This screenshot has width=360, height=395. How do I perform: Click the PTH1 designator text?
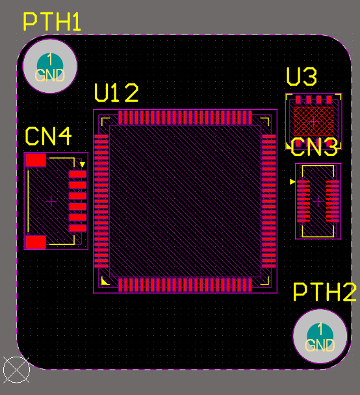point(52,21)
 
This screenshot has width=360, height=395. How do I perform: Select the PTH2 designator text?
point(324,292)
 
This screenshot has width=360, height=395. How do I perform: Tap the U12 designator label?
point(116,93)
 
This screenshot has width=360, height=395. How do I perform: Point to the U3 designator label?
point(302,77)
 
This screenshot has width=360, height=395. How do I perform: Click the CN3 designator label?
point(314,147)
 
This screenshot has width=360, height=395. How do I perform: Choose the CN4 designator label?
point(48,136)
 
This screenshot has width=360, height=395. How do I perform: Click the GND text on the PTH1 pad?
point(50,75)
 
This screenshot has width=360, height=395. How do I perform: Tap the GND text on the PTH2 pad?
point(320,345)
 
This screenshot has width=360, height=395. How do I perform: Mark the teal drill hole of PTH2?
point(320,331)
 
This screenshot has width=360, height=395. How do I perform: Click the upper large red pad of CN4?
point(36,160)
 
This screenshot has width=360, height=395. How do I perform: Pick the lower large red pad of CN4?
point(36,242)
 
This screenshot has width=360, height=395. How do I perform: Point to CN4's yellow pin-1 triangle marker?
point(83,165)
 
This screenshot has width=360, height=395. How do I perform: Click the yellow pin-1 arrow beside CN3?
point(292,183)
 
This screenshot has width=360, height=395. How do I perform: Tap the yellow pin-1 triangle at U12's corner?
point(105,281)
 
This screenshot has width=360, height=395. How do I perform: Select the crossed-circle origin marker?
point(16,370)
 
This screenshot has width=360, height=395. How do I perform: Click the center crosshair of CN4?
point(51,201)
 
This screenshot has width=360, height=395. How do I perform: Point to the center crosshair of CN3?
point(318,201)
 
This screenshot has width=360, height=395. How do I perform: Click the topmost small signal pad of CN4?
point(77,175)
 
